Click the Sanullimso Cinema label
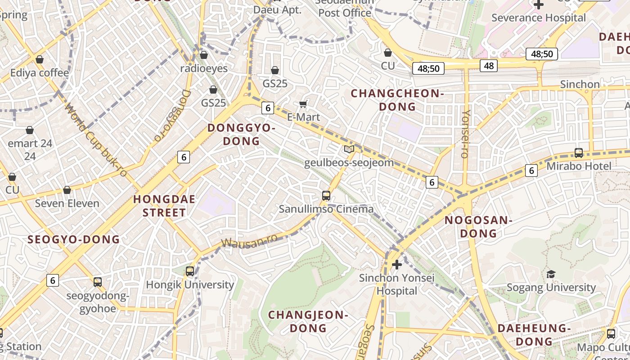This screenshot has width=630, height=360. [326, 209]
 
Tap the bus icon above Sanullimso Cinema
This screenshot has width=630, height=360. [326, 195]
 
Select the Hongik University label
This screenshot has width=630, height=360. [190, 285]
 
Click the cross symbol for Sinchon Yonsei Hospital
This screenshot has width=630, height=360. [396, 264]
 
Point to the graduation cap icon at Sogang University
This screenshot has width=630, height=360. [551, 274]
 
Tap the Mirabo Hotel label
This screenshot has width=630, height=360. [579, 166]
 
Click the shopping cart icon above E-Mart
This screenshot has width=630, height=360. [304, 104]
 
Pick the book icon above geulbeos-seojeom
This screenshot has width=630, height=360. [349, 149]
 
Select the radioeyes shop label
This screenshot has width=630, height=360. [204, 68]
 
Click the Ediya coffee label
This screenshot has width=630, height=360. [40, 72]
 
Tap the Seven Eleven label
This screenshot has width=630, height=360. [67, 203]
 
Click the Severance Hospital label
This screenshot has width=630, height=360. [539, 18]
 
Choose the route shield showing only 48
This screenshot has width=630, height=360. [488, 66]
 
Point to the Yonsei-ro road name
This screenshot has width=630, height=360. [466, 134]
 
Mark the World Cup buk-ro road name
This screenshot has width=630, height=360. [96, 139]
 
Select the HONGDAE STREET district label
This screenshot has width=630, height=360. [164, 206]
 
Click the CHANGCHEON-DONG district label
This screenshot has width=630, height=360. [397, 100]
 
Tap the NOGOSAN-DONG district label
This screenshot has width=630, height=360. [478, 227]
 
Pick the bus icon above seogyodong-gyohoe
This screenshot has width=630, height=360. [98, 282]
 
